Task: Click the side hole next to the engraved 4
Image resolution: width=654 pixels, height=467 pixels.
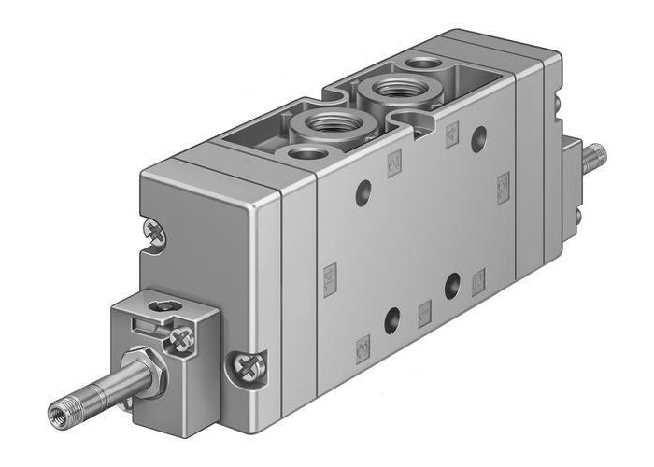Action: pos(479,140)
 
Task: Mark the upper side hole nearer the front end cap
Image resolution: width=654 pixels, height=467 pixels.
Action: pos(363,194)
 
